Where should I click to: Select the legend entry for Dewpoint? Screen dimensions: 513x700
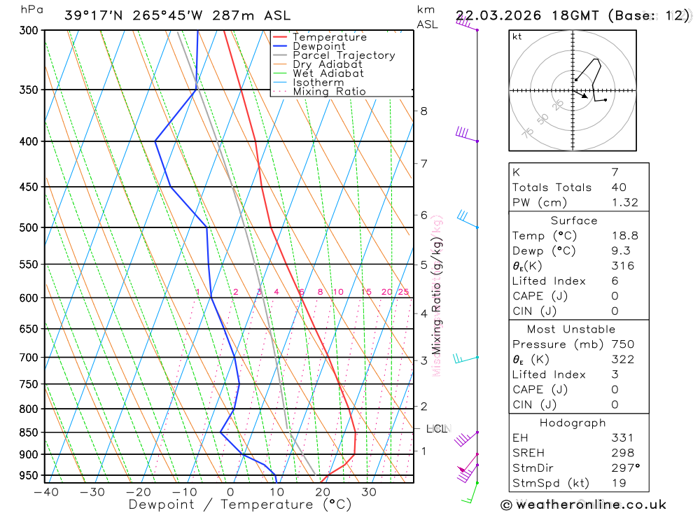coord(319,46)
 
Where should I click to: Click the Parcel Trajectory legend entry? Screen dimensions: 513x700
coord(344,55)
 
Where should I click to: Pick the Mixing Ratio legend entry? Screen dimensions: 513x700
coord(329,91)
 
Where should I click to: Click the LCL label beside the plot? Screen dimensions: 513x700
coord(437,428)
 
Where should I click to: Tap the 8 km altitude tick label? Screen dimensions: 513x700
coord(424,111)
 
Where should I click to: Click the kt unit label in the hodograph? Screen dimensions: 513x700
coord(517,36)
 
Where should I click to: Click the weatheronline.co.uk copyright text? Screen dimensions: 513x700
coord(583,505)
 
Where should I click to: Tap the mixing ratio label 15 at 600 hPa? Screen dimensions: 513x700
coord(366,292)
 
